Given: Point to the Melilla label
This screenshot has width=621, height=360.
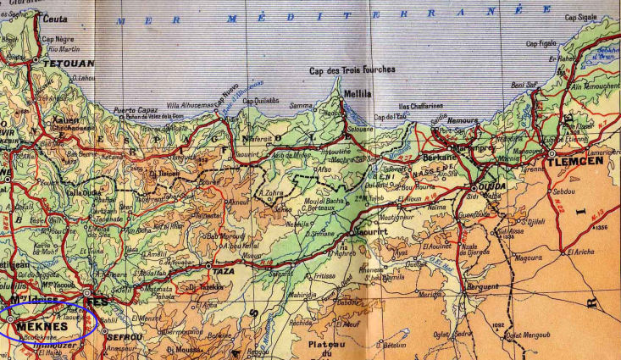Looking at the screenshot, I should [356, 95].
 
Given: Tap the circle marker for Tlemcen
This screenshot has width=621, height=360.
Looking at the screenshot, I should [552, 153].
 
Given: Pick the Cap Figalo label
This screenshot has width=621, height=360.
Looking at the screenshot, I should [541, 44].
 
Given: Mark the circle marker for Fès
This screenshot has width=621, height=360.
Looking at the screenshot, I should [87, 291].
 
